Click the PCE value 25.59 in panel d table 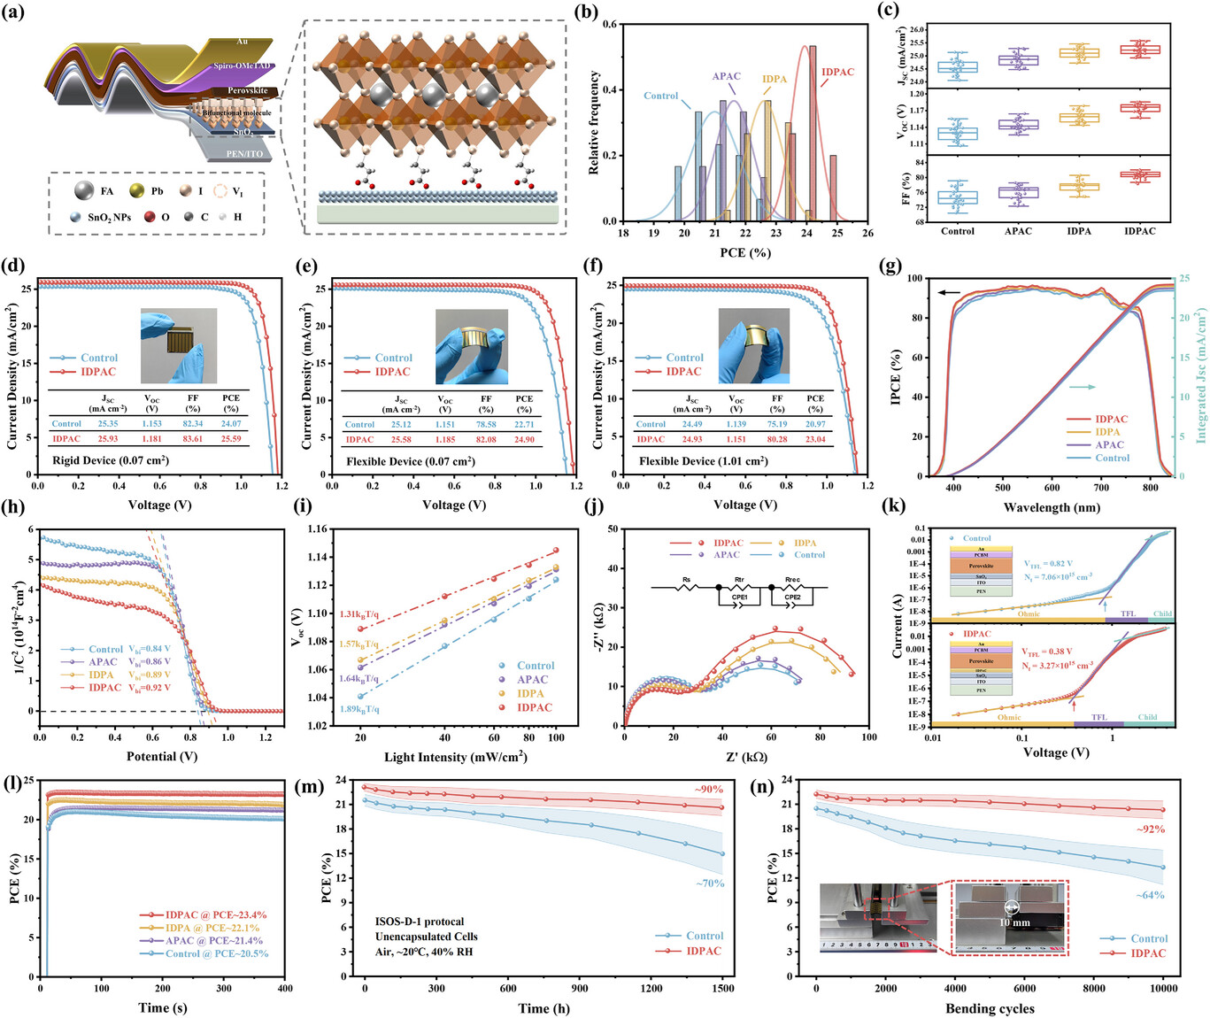[231, 438]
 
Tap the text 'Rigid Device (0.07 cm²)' [111, 460]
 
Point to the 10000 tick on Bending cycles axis [1163, 989]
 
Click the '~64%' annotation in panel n [1150, 895]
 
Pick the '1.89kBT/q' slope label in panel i [359, 709]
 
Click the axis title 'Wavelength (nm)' [1052, 507]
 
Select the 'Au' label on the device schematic [242, 42]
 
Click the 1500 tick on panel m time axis [722, 989]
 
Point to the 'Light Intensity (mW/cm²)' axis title [455, 757]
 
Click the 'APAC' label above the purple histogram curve [726, 76]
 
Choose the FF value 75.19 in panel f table [776, 424]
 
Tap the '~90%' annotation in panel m [708, 789]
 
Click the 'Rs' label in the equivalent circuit [687, 582]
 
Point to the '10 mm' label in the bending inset [1014, 922]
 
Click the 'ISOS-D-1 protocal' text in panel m [419, 922]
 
